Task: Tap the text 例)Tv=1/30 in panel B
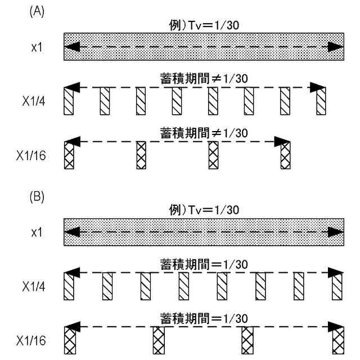tap(203, 210)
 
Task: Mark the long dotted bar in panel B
tap(203, 231)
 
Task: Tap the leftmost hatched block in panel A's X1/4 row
tap(69, 101)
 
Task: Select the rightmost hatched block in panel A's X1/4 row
tap(321, 101)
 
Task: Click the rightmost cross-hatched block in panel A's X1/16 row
tap(286, 154)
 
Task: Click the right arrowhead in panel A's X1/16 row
tap(282, 141)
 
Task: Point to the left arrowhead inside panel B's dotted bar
tap(71, 231)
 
